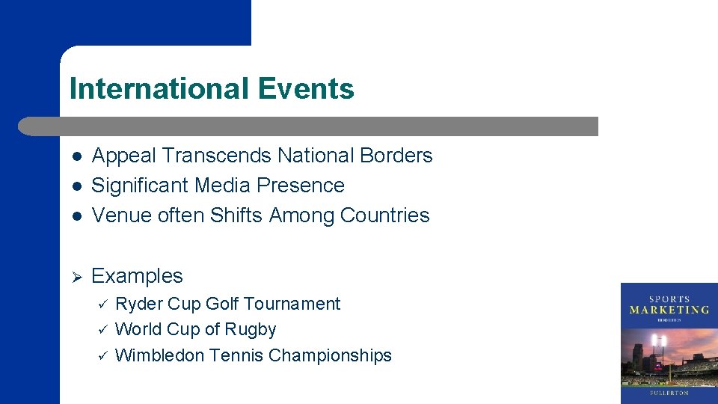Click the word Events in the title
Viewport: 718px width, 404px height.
306,89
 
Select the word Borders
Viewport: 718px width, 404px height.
396,156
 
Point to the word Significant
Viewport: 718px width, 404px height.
140,186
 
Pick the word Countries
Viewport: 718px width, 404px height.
384,215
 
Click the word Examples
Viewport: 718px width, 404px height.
137,276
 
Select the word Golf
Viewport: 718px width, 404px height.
222,304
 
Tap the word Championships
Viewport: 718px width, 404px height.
330,355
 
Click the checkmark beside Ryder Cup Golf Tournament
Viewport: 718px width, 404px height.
103,304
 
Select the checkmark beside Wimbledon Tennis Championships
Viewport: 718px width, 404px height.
103,356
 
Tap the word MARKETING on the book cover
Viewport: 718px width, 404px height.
669,309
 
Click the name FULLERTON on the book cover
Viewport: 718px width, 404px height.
669,393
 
